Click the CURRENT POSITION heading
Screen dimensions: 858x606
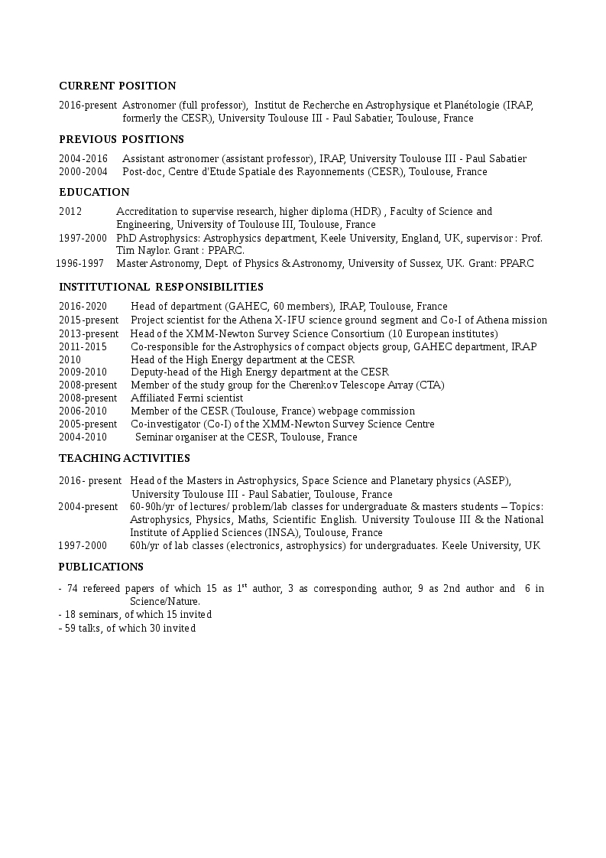(118, 86)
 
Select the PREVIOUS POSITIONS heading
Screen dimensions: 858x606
(122, 139)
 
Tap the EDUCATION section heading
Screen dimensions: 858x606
(94, 192)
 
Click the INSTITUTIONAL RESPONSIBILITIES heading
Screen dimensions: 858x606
(161, 287)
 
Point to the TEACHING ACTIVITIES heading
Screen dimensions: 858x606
(125, 458)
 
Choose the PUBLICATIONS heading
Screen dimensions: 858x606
(101, 567)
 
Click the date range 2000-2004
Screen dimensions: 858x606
(83, 172)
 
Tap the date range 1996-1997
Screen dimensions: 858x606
(80, 264)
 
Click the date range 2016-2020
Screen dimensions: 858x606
(83, 307)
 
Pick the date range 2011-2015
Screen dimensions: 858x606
(83, 347)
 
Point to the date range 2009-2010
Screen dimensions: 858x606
(83, 372)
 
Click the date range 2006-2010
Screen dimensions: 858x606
(83, 411)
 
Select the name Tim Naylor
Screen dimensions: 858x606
(142, 251)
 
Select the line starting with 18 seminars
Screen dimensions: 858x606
(135, 615)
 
